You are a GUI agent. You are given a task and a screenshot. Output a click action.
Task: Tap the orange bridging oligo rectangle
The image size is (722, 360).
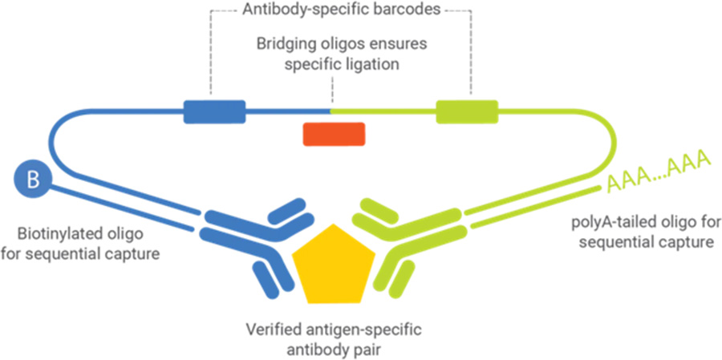pyautogui.click(x=334, y=134)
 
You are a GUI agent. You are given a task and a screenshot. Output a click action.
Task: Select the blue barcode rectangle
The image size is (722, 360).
pyautogui.click(x=214, y=111)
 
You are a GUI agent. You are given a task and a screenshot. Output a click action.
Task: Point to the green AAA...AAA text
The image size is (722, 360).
pyautogui.click(x=659, y=175)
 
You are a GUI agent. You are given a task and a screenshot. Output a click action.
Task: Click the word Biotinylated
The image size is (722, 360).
pyautogui.click(x=58, y=236)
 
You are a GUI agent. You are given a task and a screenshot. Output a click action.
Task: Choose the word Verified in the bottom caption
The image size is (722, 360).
pyautogui.click(x=269, y=330)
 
